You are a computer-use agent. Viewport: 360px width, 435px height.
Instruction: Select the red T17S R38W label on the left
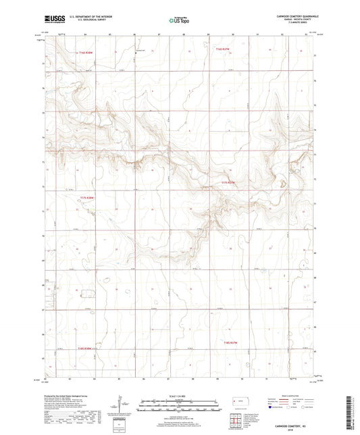click(88, 197)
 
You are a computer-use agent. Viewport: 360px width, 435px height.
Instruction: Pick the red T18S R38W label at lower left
click(84, 349)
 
